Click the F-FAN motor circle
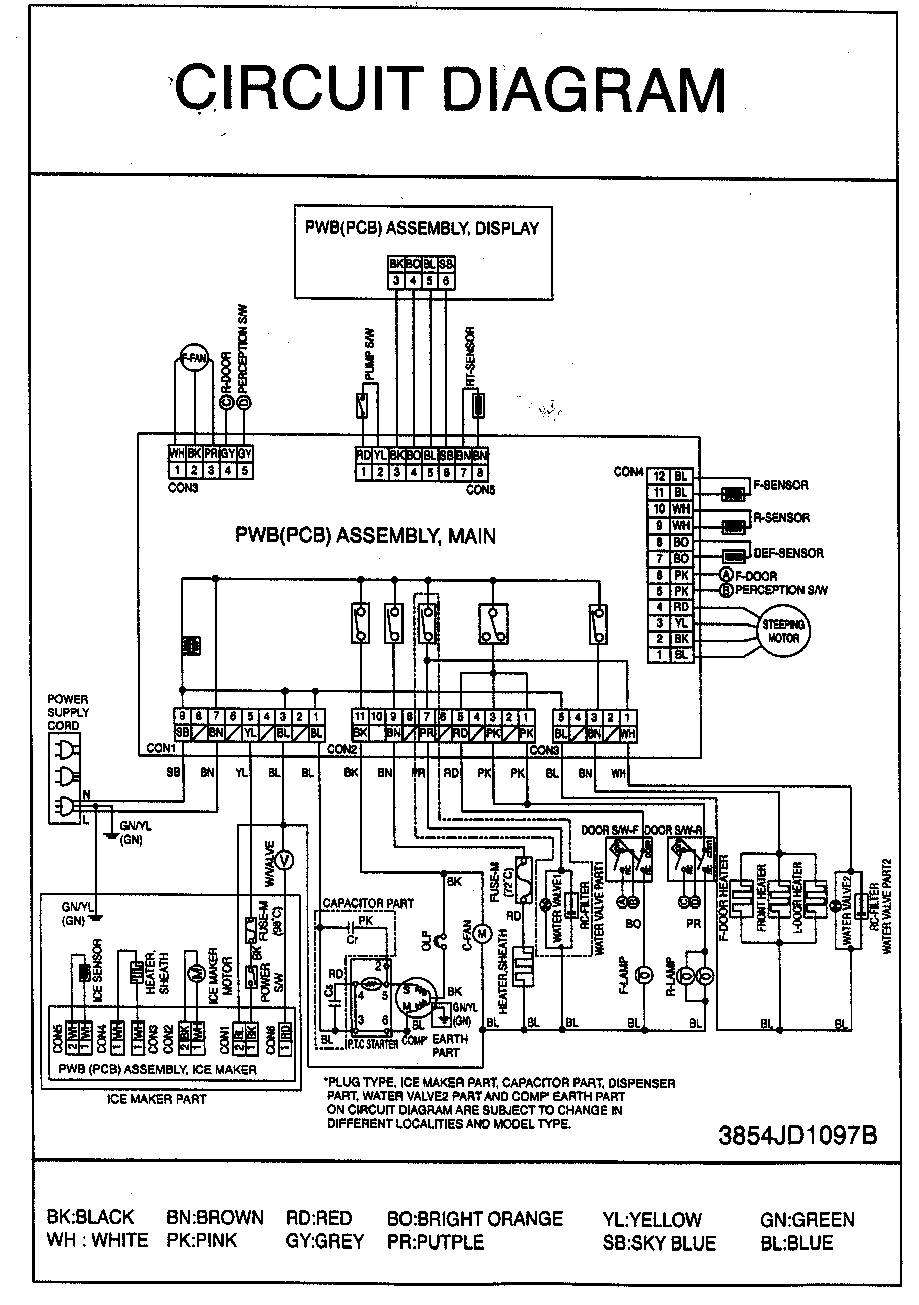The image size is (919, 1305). tap(194, 358)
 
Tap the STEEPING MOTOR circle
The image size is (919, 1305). tap(783, 631)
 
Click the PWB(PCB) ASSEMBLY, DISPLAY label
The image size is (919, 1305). tap(422, 229)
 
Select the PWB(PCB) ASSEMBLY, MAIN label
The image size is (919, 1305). tap(366, 536)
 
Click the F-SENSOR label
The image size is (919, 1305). tap(780, 485)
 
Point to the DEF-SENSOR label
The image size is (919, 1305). tap(788, 553)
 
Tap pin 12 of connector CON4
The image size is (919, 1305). tap(659, 476)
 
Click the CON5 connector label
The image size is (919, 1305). tap(480, 490)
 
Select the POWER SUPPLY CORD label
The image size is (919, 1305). tap(68, 712)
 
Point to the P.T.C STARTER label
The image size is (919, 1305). tap(372, 1044)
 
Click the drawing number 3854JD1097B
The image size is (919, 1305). tap(797, 1135)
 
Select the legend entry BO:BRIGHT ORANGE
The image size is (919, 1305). tap(475, 1219)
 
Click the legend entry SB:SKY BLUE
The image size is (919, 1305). tap(659, 1243)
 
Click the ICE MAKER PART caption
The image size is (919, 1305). tap(156, 1099)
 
